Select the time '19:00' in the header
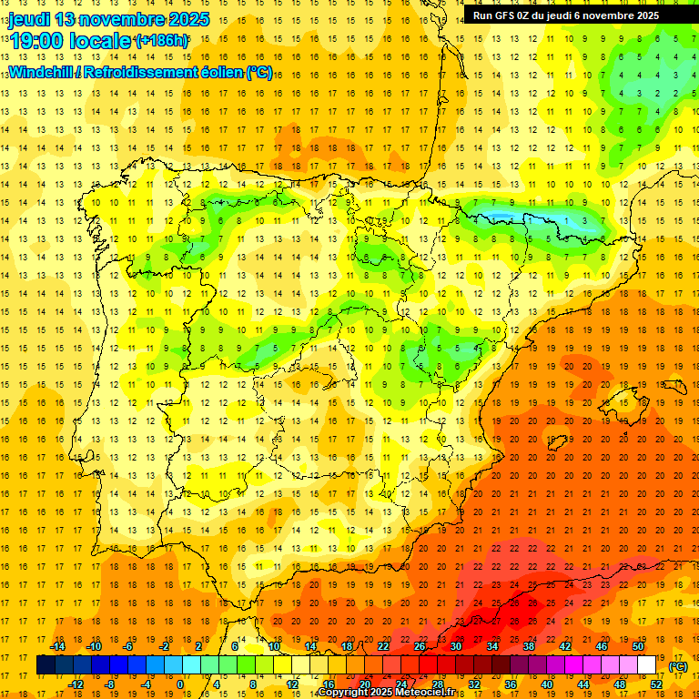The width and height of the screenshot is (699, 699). coord(36,41)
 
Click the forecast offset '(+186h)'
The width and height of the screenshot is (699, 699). coord(162,41)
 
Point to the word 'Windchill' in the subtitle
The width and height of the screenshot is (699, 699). coord(41,72)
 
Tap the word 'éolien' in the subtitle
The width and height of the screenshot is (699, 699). coord(228,72)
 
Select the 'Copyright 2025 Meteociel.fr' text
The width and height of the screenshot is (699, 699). coord(387,693)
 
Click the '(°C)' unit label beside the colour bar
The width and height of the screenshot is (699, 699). coord(677,667)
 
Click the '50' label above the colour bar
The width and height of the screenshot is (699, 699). coord(638,646)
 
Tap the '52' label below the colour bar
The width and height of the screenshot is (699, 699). coord(656,684)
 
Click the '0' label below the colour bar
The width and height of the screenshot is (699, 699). coord(180,684)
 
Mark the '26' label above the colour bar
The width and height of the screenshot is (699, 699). coord(420,646)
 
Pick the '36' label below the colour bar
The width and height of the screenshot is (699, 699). coord(511,684)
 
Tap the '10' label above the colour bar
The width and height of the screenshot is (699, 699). coord(274,646)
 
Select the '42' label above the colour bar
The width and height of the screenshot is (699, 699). coord(565,646)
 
